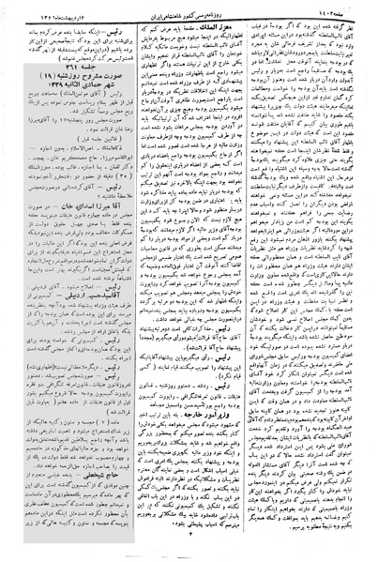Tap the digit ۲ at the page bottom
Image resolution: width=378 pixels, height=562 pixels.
tap(188, 553)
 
